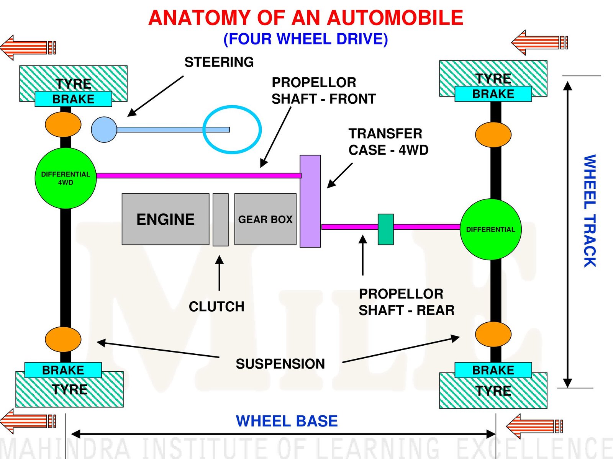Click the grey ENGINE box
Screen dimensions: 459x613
(x=165, y=219)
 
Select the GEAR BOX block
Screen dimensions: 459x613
(x=265, y=219)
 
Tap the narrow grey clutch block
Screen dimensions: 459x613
(x=221, y=219)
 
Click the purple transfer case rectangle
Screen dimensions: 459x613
(x=310, y=201)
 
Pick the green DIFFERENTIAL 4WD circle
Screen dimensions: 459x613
(x=66, y=178)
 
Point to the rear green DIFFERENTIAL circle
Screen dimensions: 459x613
(x=490, y=229)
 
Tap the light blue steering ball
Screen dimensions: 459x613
(x=104, y=130)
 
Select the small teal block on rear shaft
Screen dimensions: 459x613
(x=385, y=229)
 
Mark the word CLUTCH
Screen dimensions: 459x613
(x=216, y=307)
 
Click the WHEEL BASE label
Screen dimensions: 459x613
(x=287, y=421)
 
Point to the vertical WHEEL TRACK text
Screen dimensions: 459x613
(x=590, y=211)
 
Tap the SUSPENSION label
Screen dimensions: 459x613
(x=280, y=364)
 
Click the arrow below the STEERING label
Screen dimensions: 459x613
(x=155, y=96)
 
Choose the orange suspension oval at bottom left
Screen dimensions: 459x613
(x=63, y=340)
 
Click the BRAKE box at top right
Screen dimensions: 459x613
(x=493, y=94)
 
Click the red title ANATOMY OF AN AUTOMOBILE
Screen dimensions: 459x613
(x=306, y=18)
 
